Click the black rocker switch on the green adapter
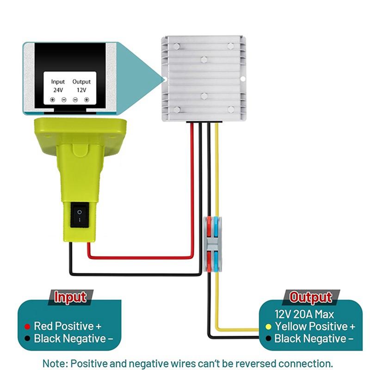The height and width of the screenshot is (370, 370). pos(80,216)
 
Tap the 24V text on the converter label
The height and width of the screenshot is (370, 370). pos(58,90)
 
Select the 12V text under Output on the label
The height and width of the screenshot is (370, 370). pos(81,90)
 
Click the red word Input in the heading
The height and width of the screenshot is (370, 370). pos(70,297)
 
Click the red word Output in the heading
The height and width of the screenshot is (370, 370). pos(310,297)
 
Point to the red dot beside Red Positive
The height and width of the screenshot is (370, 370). pos(27,327)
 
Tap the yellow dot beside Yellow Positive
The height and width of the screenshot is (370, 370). pos(268,327)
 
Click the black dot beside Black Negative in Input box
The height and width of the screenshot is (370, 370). pos(27,339)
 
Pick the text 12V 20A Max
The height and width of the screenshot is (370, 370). pos(304,314)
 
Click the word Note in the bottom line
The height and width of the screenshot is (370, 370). pos(55,364)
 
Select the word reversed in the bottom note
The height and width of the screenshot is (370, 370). pos(255,364)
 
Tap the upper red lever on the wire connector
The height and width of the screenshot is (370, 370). pos(209,227)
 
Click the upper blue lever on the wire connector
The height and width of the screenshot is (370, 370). pos(216,227)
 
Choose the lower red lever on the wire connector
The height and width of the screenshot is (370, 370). pos(210,261)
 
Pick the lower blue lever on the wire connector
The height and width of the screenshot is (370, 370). pos(216,261)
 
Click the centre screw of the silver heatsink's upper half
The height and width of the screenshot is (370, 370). pos(204,60)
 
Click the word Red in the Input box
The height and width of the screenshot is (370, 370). pos(44,327)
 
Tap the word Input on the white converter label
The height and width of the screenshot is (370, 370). pos(58,82)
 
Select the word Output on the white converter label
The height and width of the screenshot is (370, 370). pos(81,82)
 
